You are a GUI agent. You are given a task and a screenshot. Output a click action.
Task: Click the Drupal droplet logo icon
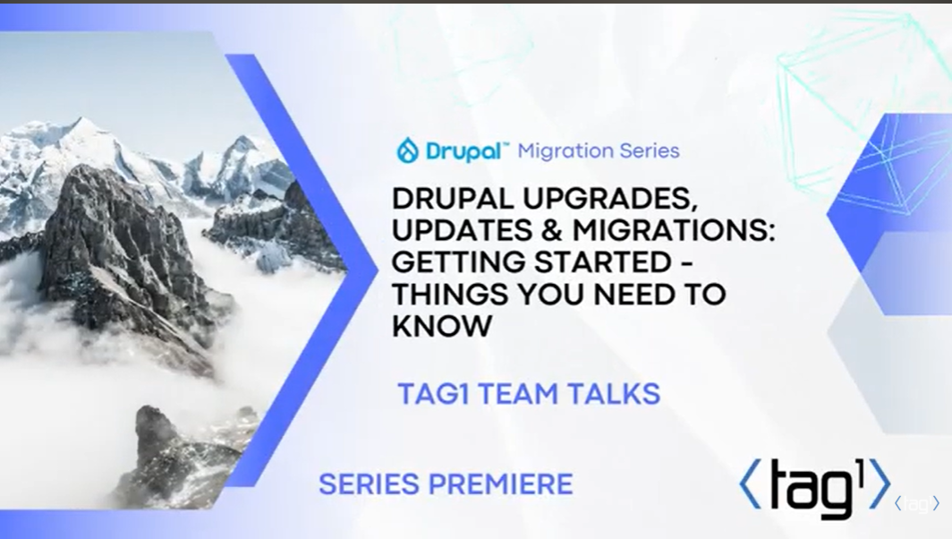click(x=407, y=150)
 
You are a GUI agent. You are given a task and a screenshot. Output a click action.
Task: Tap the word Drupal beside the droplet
click(x=463, y=151)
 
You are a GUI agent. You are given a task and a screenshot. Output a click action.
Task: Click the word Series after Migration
click(x=646, y=150)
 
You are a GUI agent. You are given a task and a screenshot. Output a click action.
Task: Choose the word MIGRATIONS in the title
click(x=674, y=230)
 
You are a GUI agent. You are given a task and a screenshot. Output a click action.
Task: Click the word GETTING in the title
click(x=458, y=262)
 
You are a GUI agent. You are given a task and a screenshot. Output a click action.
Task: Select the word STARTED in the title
click(x=602, y=262)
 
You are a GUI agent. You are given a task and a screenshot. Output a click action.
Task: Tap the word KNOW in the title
click(x=441, y=326)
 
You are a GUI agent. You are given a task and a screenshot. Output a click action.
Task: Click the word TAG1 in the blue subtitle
click(x=434, y=394)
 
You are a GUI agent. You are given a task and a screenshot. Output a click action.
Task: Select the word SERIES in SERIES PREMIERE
click(x=370, y=484)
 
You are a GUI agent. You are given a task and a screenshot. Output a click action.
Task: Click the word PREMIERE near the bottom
click(x=501, y=484)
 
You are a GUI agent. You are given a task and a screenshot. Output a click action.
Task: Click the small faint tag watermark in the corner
click(x=917, y=503)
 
